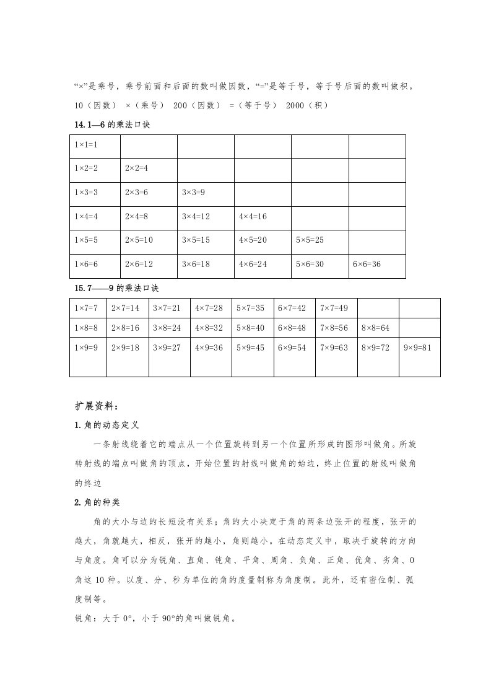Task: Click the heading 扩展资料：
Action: tap(95, 406)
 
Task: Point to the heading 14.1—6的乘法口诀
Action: tap(112, 125)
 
